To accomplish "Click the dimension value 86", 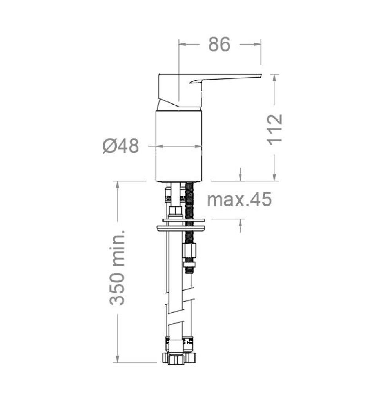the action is point(219,44).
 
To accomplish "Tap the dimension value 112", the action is point(275,130).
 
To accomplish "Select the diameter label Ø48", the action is point(121,146).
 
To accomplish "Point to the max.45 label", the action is point(239,199).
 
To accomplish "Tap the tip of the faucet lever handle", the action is point(261,74).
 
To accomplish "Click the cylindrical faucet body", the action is point(179,146).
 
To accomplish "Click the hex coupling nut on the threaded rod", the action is point(189,250).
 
